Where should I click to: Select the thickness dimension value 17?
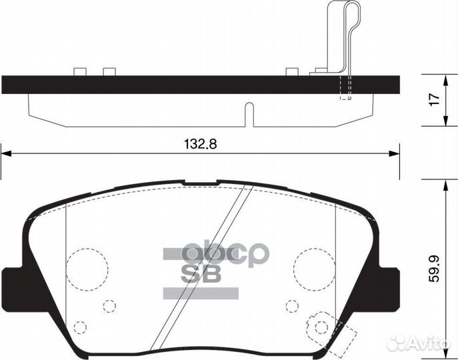434,99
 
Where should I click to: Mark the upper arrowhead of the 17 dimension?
445,79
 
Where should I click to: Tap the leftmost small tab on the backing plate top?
81,71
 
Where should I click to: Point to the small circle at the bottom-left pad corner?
80,327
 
